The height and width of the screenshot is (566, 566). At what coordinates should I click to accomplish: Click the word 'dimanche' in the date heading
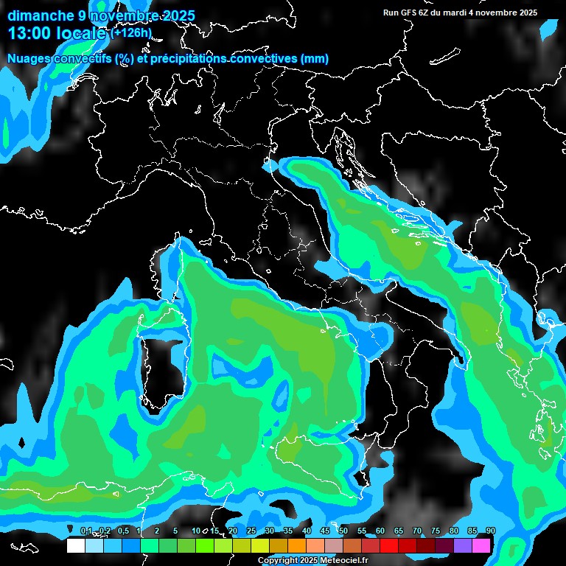tap(35, 15)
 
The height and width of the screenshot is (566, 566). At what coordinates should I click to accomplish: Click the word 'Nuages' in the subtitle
tap(29, 58)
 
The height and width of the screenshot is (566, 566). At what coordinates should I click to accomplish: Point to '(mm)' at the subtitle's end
tap(313, 58)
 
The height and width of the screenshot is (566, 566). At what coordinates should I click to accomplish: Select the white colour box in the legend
tap(75, 545)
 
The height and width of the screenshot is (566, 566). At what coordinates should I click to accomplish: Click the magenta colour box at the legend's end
tap(481, 545)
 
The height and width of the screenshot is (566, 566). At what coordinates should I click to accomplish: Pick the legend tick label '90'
tap(491, 531)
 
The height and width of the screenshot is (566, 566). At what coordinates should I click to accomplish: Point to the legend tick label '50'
tap(343, 531)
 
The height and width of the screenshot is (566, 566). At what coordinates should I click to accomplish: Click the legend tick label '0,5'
tap(122, 531)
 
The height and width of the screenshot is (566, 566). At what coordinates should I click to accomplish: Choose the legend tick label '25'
tap(251, 531)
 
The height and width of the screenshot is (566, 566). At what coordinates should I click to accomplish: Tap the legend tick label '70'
tap(417, 531)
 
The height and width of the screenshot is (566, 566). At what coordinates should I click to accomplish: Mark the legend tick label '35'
tap(288, 531)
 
